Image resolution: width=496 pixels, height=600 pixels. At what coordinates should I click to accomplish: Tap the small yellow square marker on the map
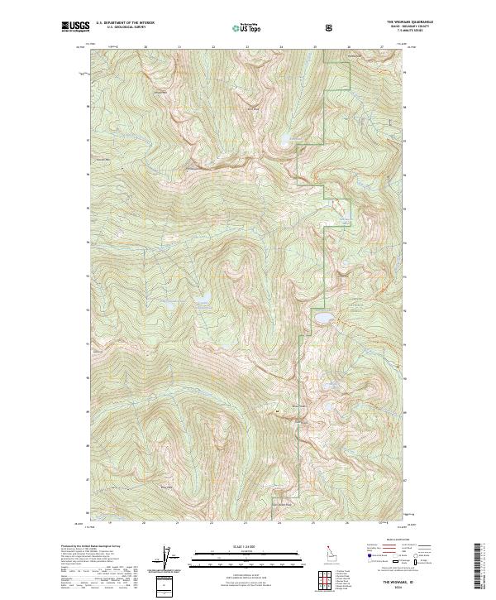(278, 410)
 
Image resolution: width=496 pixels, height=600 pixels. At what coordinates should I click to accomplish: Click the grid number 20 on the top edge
(145, 47)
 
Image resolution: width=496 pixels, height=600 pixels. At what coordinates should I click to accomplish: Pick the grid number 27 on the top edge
(382, 47)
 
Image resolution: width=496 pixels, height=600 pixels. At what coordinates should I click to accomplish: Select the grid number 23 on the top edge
(247, 47)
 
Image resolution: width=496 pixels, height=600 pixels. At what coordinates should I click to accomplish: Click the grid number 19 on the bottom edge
(110, 523)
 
